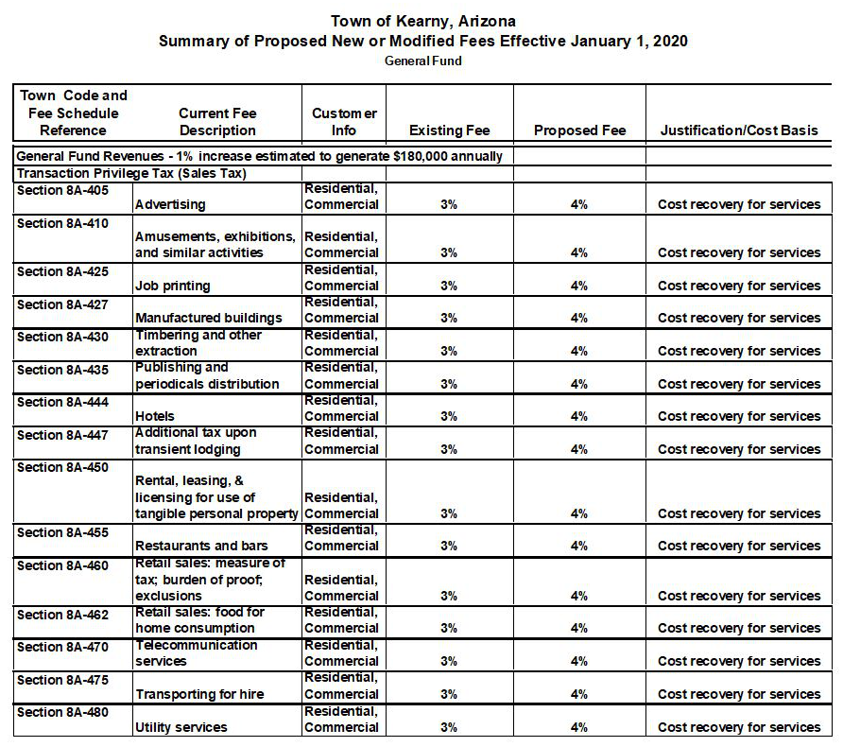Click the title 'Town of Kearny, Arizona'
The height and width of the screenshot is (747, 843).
422,21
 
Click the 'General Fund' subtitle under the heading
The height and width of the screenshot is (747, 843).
422,61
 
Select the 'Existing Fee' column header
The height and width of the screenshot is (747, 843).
449,130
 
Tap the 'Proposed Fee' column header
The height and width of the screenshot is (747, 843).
579,130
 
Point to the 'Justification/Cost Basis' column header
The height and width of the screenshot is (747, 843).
739,130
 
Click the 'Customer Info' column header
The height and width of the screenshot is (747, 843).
344,122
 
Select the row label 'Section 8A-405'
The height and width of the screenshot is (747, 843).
62,190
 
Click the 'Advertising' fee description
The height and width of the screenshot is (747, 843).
170,204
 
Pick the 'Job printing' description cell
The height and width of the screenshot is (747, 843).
173,286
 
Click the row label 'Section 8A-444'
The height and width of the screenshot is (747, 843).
62,402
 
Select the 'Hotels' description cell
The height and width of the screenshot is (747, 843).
155,416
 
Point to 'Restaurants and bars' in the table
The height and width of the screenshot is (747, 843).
201,546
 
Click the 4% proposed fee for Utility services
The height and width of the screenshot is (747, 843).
579,727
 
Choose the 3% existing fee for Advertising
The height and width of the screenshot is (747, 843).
449,204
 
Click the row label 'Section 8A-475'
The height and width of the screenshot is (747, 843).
62,680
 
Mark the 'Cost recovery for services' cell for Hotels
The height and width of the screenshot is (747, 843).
739,416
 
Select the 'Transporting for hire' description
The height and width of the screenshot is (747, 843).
199,694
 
